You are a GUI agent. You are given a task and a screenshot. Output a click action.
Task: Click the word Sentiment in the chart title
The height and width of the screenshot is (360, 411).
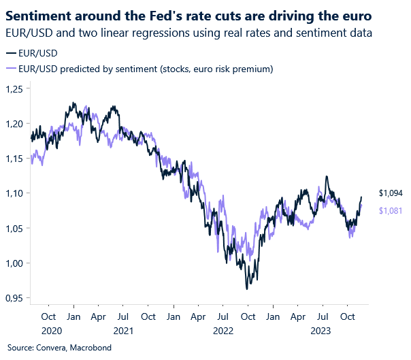[x=39, y=14]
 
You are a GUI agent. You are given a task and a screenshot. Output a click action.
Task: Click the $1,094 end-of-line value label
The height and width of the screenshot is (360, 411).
[x=391, y=193]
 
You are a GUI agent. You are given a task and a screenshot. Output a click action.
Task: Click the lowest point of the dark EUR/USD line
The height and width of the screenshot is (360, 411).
[x=247, y=289]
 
